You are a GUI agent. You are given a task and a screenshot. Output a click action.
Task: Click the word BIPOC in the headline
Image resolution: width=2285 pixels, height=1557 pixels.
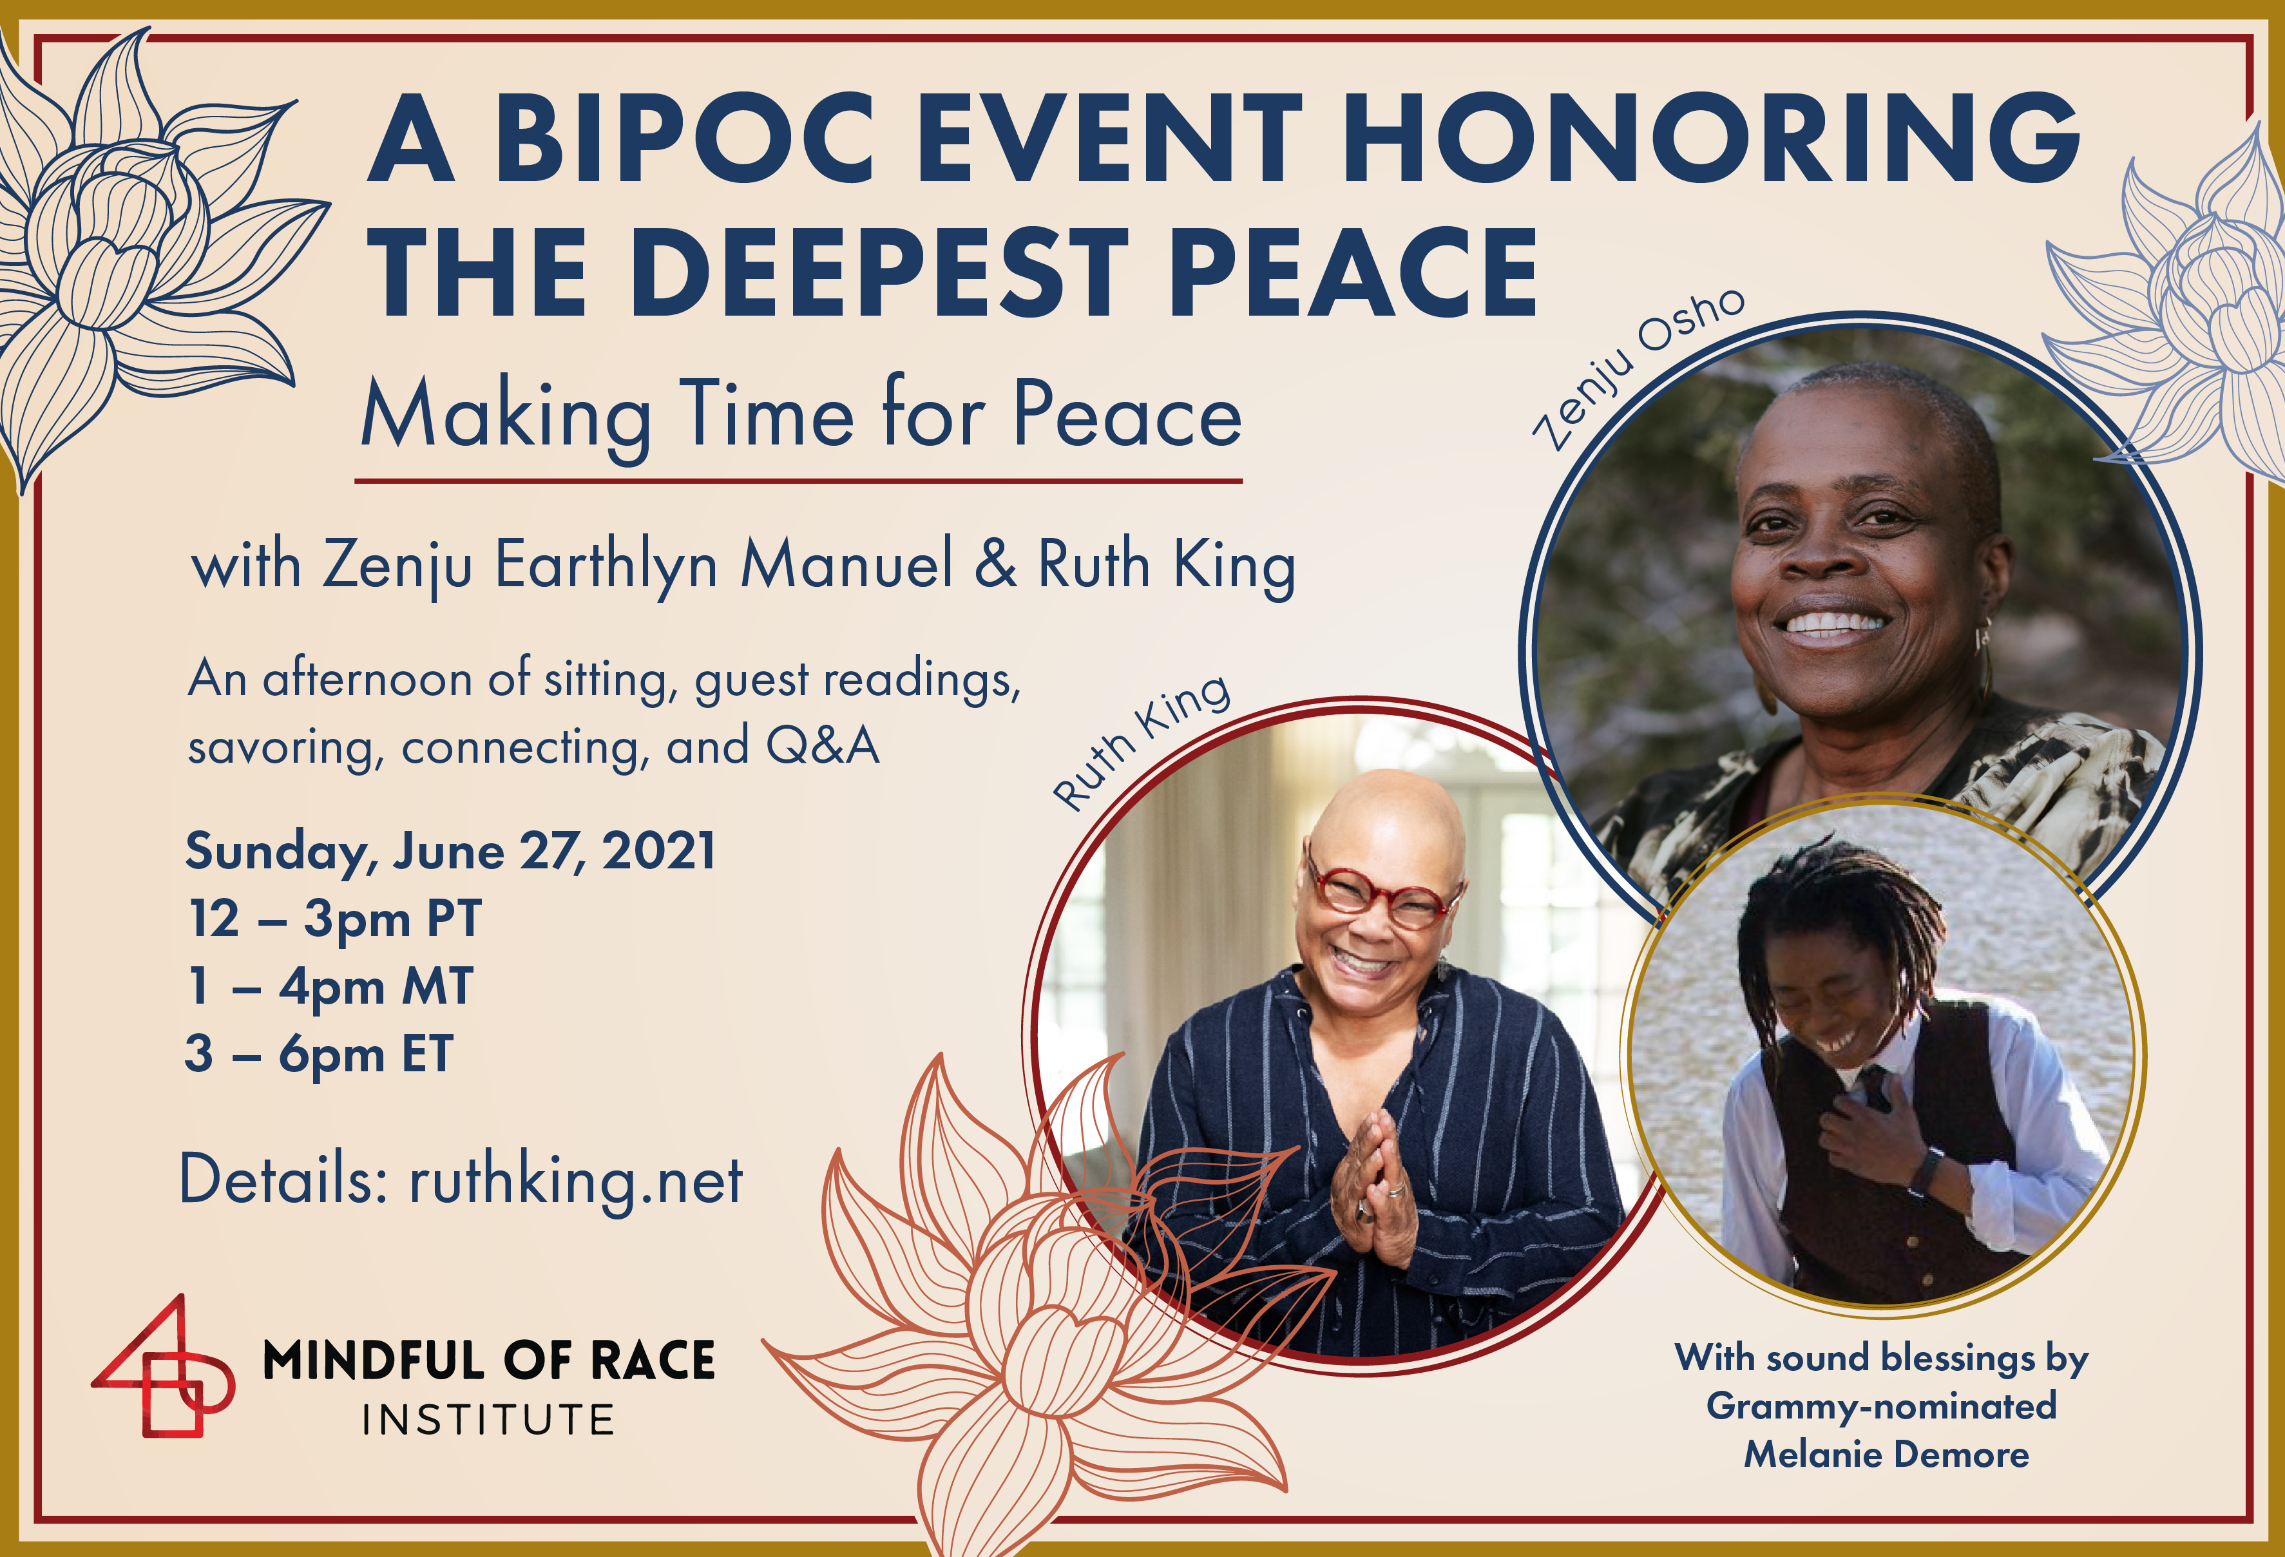[x=684, y=138]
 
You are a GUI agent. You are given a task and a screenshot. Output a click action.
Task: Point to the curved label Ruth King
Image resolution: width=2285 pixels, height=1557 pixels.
[x=1140, y=742]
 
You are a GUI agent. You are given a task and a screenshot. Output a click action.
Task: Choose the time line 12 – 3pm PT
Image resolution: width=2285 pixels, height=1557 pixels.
[x=334, y=920]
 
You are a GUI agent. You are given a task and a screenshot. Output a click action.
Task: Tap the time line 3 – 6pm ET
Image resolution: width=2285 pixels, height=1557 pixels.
[x=320, y=1055]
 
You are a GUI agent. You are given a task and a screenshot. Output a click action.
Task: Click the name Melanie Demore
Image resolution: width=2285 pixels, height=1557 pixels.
[x=1886, y=1455]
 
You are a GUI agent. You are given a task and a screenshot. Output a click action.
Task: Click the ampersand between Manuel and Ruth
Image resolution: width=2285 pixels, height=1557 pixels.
[x=995, y=564]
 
